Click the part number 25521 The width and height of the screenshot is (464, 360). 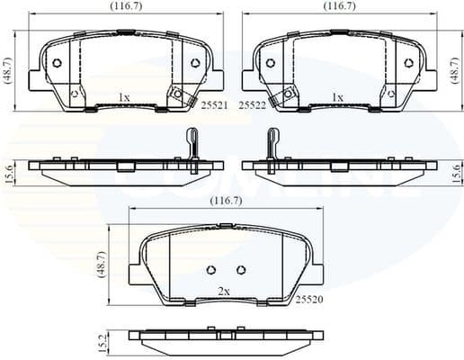[212, 105]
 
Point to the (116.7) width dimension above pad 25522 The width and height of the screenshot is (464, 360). [339, 6]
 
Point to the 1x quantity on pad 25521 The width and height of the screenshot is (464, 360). [124, 96]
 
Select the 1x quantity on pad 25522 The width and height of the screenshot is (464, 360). [338, 96]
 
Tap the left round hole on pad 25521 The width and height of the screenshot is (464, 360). [56, 62]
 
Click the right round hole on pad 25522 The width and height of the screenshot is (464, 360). [409, 62]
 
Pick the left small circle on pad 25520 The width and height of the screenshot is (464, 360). [210, 270]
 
